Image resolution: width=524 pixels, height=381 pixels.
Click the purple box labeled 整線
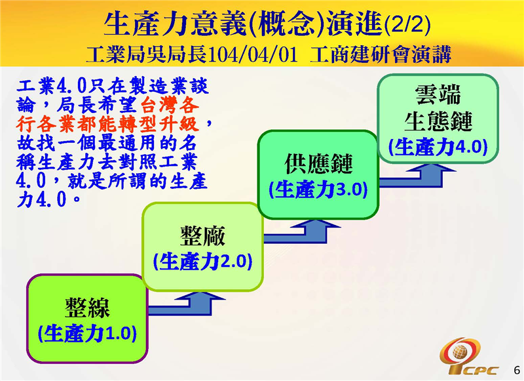tap(86, 318)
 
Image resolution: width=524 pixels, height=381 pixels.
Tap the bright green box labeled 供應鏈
tap(318, 174)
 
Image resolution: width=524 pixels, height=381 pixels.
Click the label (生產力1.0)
tap(87, 333)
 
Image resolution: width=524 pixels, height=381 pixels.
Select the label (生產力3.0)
tap(318, 190)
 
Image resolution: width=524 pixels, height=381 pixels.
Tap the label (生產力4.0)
tap(438, 146)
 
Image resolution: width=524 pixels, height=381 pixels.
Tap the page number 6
tap(515, 369)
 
